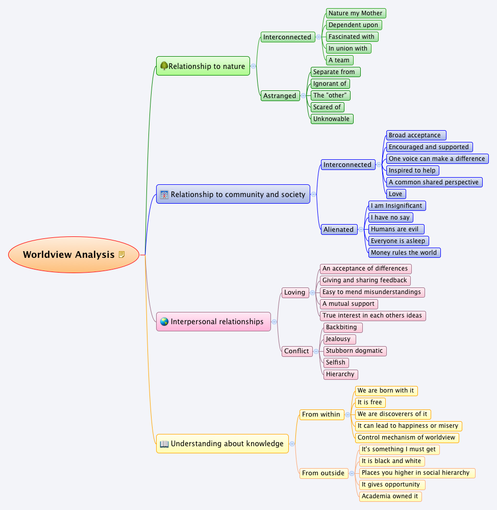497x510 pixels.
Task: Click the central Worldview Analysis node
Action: [x=69, y=255]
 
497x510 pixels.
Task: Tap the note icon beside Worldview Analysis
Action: [x=121, y=254]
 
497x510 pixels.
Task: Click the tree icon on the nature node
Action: [x=164, y=66]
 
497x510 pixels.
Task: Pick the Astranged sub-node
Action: [x=280, y=95]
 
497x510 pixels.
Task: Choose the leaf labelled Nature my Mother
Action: [x=356, y=13]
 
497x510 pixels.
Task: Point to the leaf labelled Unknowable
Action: [x=331, y=119]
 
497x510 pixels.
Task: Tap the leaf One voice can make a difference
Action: [x=437, y=159]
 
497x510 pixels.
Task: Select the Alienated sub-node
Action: [x=338, y=229]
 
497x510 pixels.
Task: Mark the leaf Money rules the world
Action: [x=404, y=253]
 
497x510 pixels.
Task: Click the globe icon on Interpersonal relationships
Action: [x=164, y=322]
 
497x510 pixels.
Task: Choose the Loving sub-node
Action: [x=294, y=293]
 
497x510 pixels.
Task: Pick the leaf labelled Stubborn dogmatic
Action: [x=354, y=351]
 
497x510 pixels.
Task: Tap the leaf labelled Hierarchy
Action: [x=340, y=374]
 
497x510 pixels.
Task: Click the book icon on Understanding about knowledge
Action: [x=164, y=444]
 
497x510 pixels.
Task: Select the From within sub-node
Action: [x=321, y=415]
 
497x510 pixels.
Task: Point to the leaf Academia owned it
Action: [x=390, y=496]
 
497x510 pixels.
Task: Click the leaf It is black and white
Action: [x=391, y=461]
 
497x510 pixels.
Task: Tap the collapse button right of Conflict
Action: [x=316, y=351]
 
